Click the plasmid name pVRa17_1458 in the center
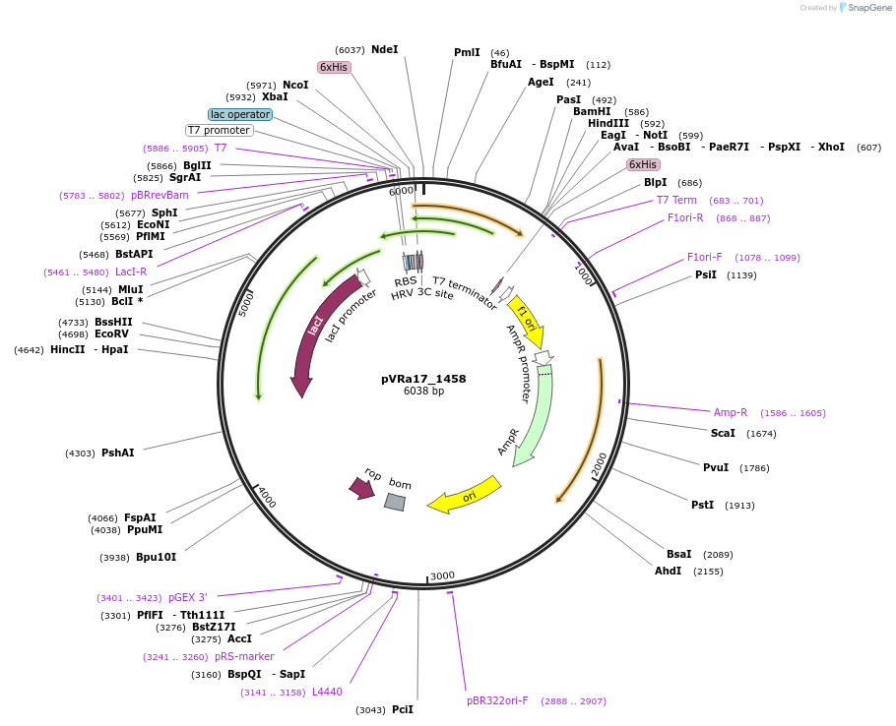coord(423,378)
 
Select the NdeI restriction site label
coord(385,49)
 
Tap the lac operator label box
coord(240,114)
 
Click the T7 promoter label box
coord(220,130)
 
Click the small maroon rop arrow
coord(362,486)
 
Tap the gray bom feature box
coord(395,502)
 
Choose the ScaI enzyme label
coord(723,433)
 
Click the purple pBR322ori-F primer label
coord(497,700)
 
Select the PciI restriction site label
coord(403,709)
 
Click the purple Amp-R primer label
coord(730,412)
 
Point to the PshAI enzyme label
coord(117,453)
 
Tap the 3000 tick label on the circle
coord(442,575)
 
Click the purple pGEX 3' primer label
coord(188,597)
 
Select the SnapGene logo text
coord(866,7)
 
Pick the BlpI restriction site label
coord(655,182)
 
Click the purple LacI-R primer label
coord(131,272)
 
